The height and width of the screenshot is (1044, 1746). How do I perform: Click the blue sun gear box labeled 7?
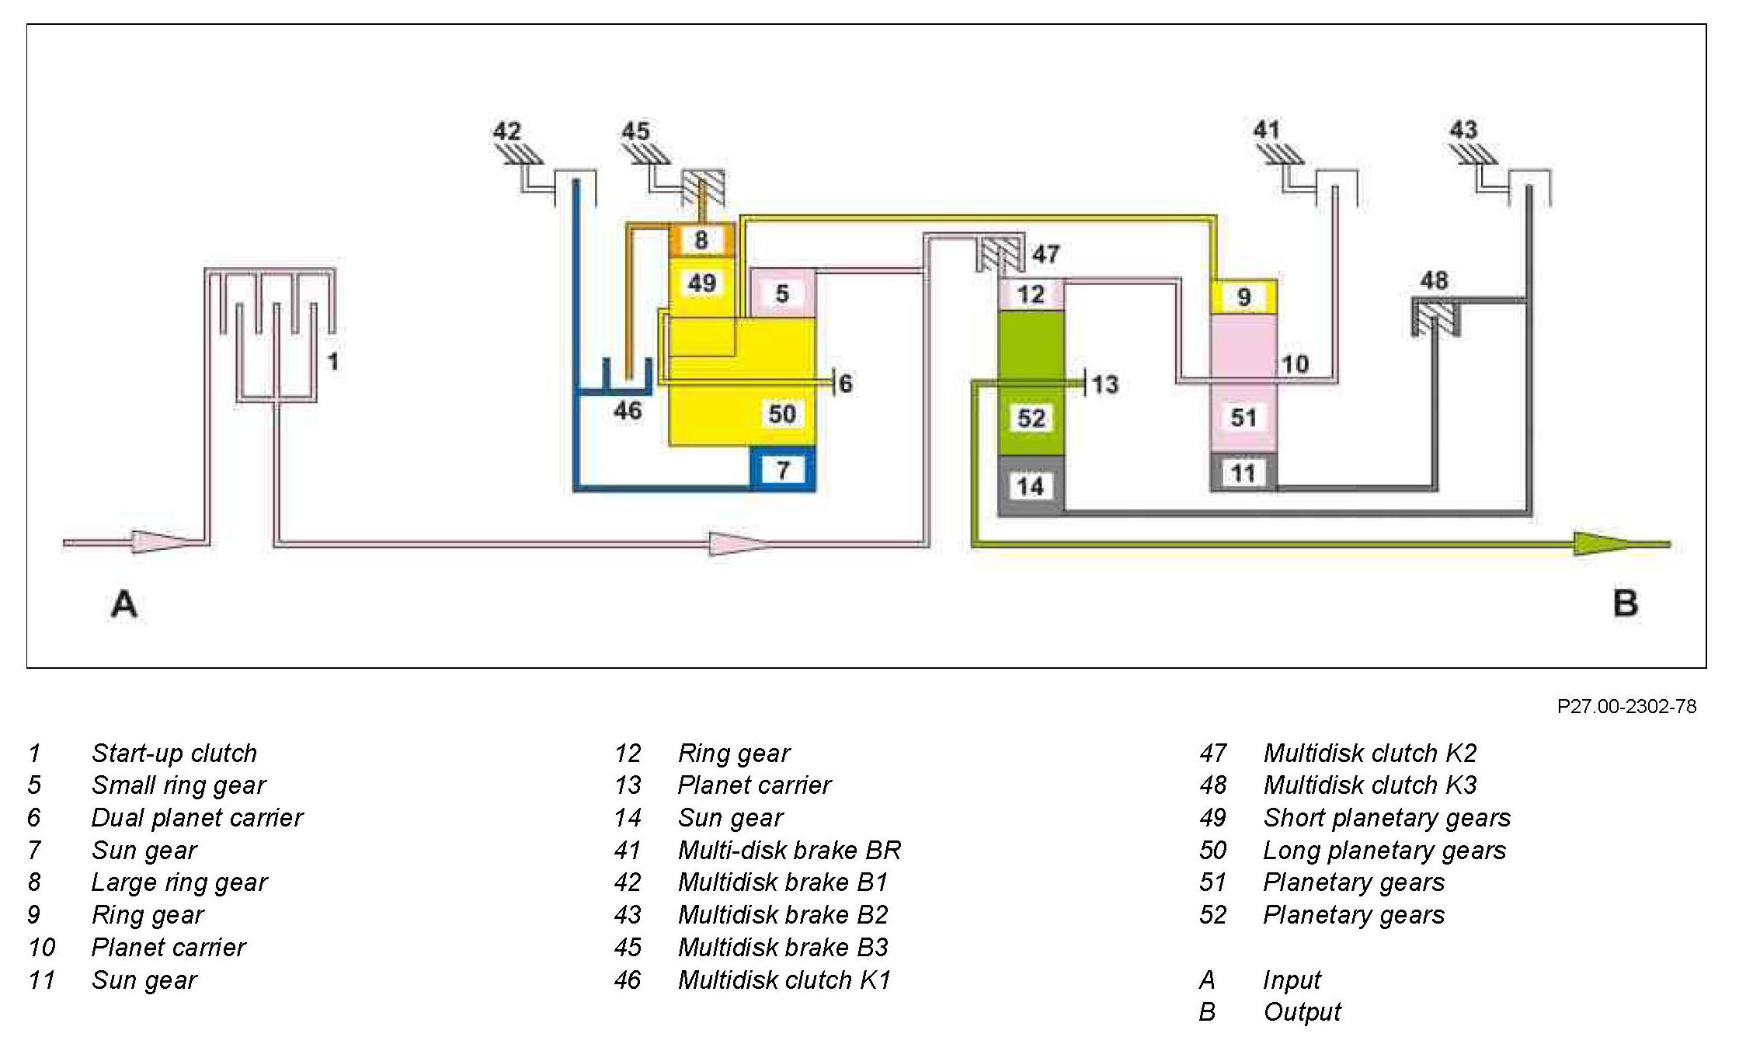[783, 469]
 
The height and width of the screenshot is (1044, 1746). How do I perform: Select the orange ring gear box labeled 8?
[701, 240]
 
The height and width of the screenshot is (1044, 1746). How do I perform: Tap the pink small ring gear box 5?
[782, 293]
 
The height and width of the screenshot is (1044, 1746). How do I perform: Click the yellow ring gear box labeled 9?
[1243, 297]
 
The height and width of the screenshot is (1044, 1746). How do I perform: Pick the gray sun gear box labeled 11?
[1243, 472]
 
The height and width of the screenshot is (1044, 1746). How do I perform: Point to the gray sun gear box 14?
[1030, 486]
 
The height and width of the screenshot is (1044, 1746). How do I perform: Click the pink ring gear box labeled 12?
[1031, 294]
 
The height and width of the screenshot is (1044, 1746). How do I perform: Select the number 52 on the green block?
[1031, 419]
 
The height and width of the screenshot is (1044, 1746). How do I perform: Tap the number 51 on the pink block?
[1243, 418]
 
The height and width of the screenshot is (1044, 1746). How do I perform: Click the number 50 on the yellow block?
[782, 414]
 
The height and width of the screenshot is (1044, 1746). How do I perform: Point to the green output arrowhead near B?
[1603, 544]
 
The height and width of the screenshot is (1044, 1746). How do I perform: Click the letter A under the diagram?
[124, 604]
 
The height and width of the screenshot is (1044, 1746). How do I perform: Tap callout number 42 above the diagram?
[507, 130]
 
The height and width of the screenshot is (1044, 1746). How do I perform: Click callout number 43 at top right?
[1463, 129]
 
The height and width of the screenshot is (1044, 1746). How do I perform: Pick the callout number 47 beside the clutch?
[1045, 254]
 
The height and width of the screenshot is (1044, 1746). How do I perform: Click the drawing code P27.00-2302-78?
[1626, 706]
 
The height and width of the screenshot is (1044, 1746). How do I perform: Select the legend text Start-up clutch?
[174, 753]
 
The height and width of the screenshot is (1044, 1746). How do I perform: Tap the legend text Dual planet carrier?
[197, 817]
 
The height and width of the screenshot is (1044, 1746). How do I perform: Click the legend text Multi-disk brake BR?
[789, 850]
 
